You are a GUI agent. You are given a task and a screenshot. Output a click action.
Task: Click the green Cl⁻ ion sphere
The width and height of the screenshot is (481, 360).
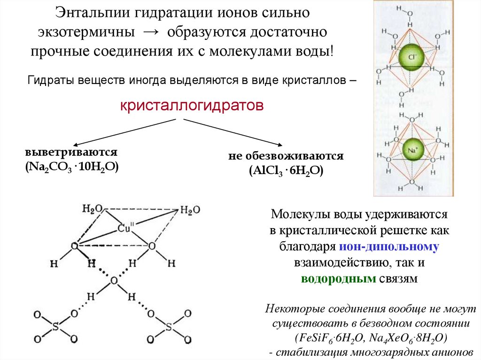tap(412, 59)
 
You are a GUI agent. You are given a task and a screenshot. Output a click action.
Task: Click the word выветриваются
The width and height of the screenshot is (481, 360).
tap(71, 153)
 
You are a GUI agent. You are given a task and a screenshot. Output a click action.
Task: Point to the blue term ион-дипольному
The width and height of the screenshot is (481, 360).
tap(391, 246)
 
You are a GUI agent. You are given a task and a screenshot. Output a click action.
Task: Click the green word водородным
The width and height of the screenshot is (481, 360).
tap(338, 278)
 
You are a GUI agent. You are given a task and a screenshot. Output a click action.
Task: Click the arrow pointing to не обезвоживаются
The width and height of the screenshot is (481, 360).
tap(233, 133)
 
